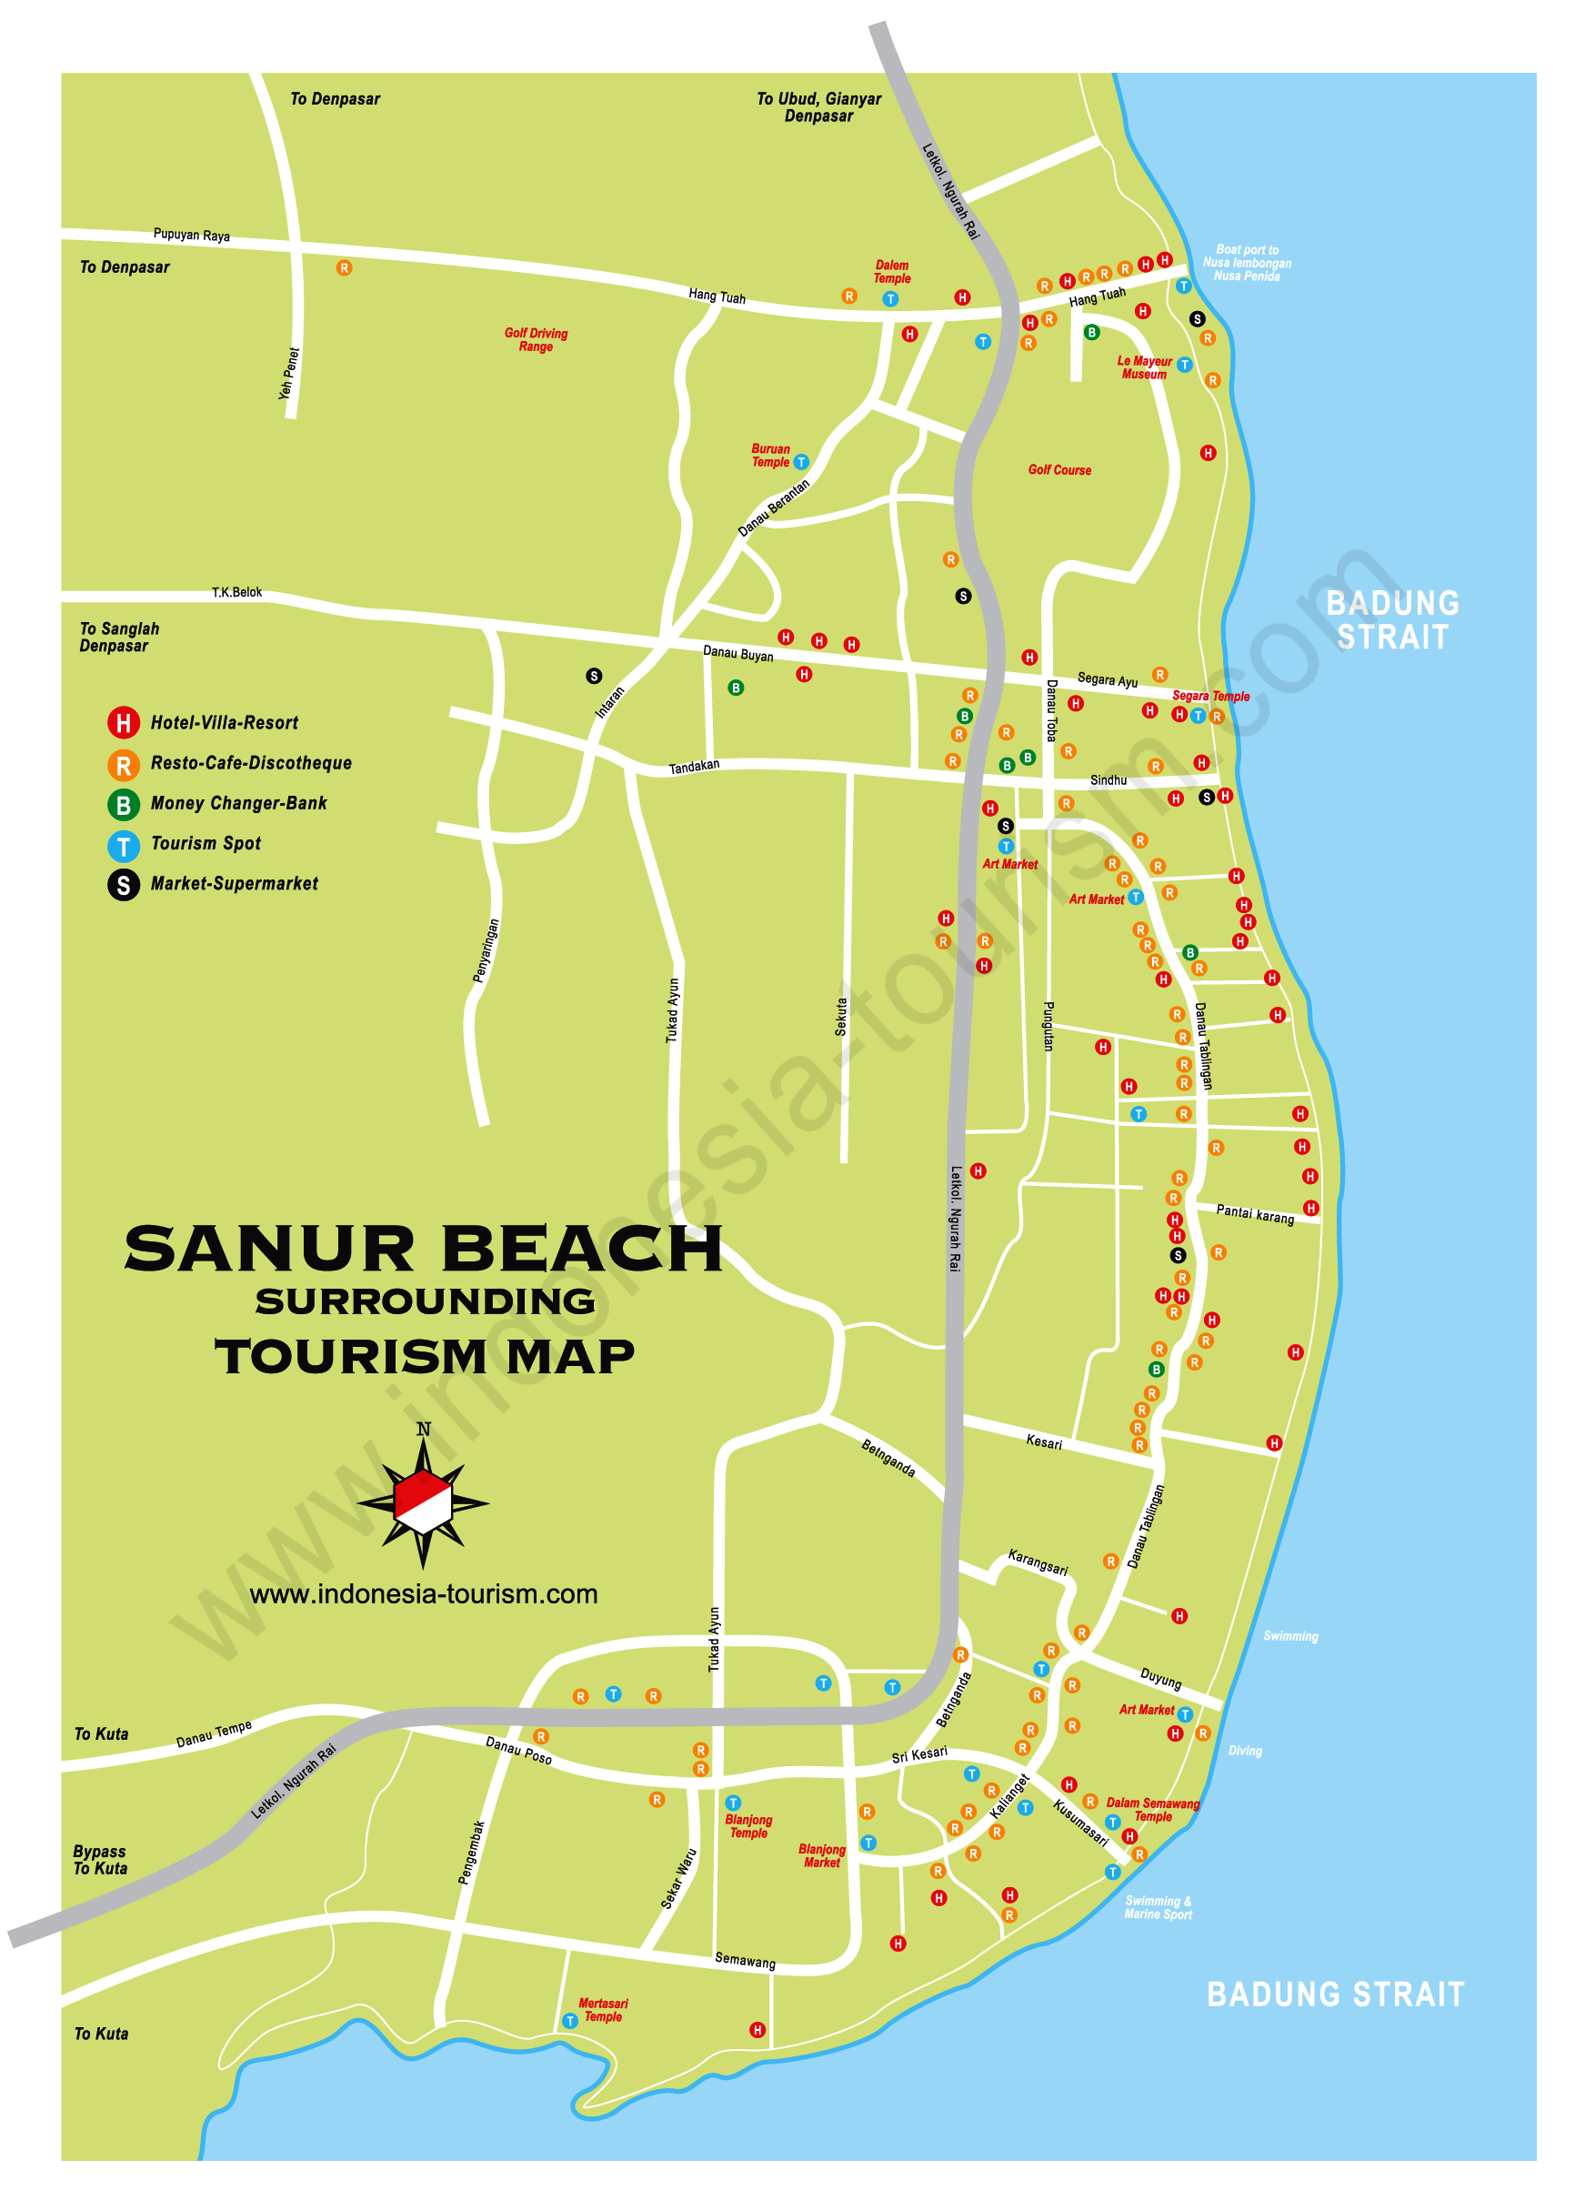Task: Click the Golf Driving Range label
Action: pyautogui.click(x=536, y=339)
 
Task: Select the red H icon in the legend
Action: pyautogui.click(x=123, y=722)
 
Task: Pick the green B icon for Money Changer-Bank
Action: pyautogui.click(x=123, y=804)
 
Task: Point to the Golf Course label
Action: pyautogui.click(x=1059, y=470)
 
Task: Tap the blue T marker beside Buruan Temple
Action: pyautogui.click(x=801, y=463)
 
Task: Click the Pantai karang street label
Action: pyautogui.click(x=1255, y=1214)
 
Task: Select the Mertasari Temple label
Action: pyautogui.click(x=602, y=2009)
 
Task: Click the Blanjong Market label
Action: pyautogui.click(x=821, y=1855)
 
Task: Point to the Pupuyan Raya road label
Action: pyautogui.click(x=191, y=235)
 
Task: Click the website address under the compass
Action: pyautogui.click(x=423, y=1594)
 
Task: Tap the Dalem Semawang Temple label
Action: pyautogui.click(x=1152, y=1810)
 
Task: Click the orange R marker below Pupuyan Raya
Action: pyautogui.click(x=345, y=267)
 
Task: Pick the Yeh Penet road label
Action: pyautogui.click(x=289, y=375)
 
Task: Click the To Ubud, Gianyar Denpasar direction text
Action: pyautogui.click(x=818, y=107)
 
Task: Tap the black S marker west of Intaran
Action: pyautogui.click(x=594, y=676)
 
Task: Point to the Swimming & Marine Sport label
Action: pyautogui.click(x=1158, y=1907)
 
